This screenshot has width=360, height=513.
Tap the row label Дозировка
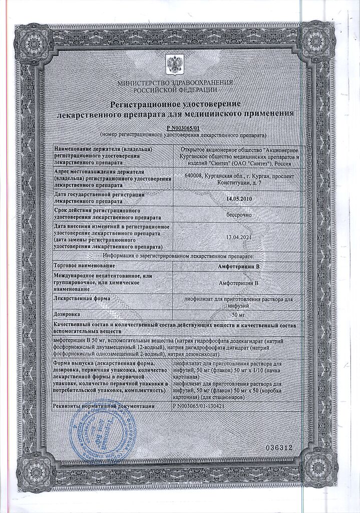pos(68,314)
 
